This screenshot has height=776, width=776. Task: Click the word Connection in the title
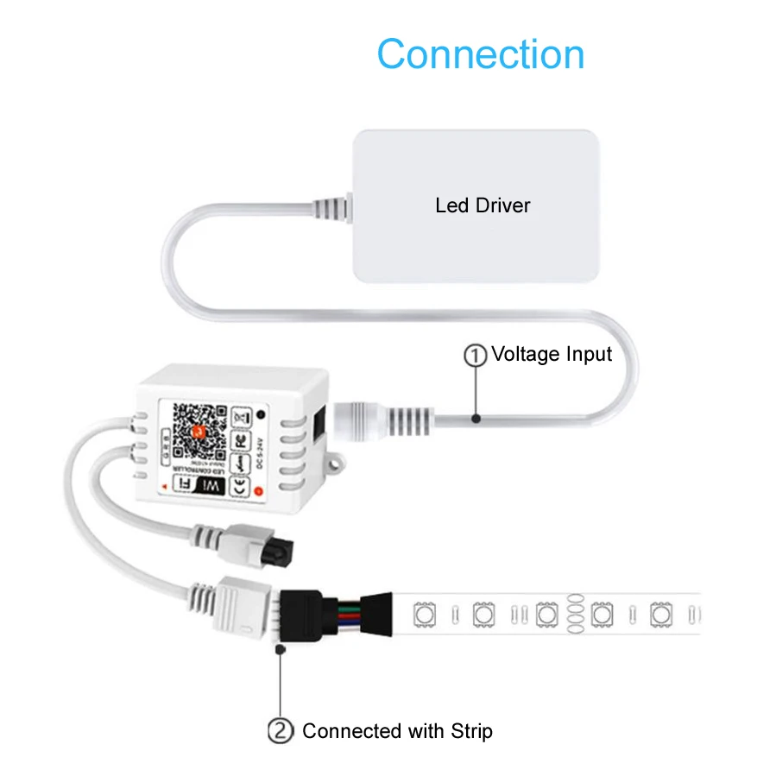click(481, 54)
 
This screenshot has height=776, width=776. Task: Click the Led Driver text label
click(483, 205)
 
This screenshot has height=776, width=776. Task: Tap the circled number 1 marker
click(476, 355)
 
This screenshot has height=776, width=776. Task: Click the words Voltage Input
click(552, 354)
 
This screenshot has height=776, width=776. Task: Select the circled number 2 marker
click(280, 731)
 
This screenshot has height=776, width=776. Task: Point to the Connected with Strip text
click(397, 731)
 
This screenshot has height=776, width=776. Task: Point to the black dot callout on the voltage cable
click(476, 418)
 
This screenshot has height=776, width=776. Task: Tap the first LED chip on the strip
click(425, 615)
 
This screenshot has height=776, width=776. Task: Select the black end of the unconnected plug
click(281, 546)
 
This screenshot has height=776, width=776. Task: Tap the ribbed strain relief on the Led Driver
click(331, 207)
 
